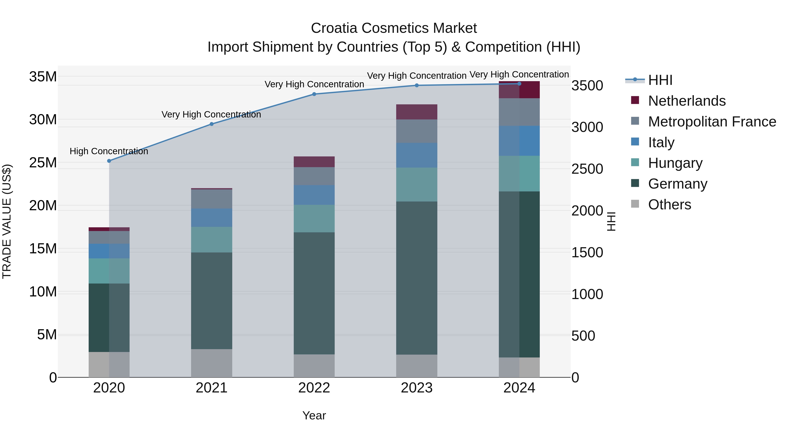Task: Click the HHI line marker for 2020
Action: pos(109,161)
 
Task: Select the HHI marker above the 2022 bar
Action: pos(314,94)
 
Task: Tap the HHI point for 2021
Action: pos(211,124)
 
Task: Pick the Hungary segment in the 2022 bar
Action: pos(314,218)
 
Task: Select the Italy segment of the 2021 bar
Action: pos(211,217)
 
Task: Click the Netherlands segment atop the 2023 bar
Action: pos(416,112)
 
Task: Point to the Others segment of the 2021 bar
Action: pos(211,363)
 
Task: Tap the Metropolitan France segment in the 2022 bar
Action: pos(314,176)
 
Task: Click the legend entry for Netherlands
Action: pos(686,101)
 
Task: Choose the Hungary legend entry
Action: pos(675,163)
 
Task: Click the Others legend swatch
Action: pos(635,204)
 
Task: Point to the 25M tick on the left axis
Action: pos(43,163)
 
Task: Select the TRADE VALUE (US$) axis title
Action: pos(7,221)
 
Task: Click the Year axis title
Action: pos(314,415)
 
